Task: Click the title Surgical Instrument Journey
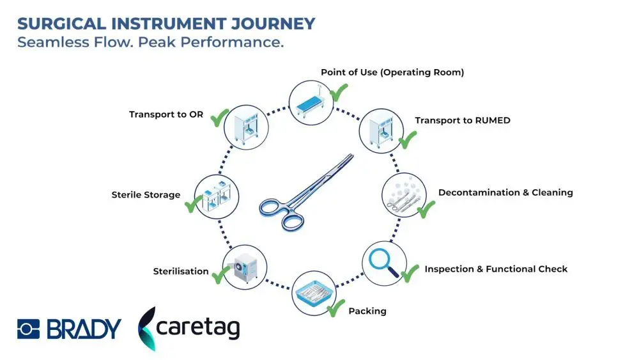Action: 166,24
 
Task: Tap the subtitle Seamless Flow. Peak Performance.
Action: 150,43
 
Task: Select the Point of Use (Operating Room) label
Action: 392,72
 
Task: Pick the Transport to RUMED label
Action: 462,120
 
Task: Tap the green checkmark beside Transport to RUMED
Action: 407,139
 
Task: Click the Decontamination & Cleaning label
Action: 505,192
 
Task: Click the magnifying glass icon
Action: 383,263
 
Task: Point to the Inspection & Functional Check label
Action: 495,269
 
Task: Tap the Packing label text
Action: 367,311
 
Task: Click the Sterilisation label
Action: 181,271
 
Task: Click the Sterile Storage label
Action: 146,194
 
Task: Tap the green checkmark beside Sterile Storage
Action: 194,205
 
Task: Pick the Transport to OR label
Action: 166,114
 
